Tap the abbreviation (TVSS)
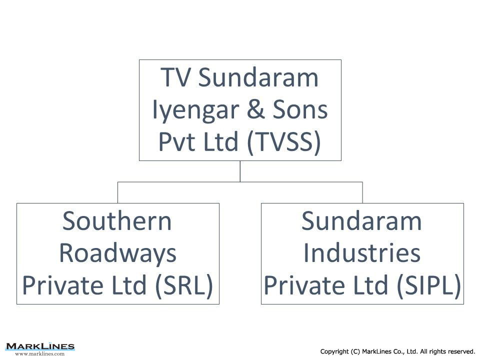(283, 141)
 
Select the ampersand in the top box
(255, 109)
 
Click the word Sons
(300, 109)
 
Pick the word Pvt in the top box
(178, 141)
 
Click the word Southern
(117, 220)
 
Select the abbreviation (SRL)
(184, 285)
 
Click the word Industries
(362, 253)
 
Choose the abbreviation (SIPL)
(428, 285)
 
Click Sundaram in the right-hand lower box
(361, 220)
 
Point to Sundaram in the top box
(258, 77)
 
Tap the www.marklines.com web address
(40, 353)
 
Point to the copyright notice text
(397, 351)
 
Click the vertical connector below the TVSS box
(240, 171)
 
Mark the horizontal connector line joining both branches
(240, 182)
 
